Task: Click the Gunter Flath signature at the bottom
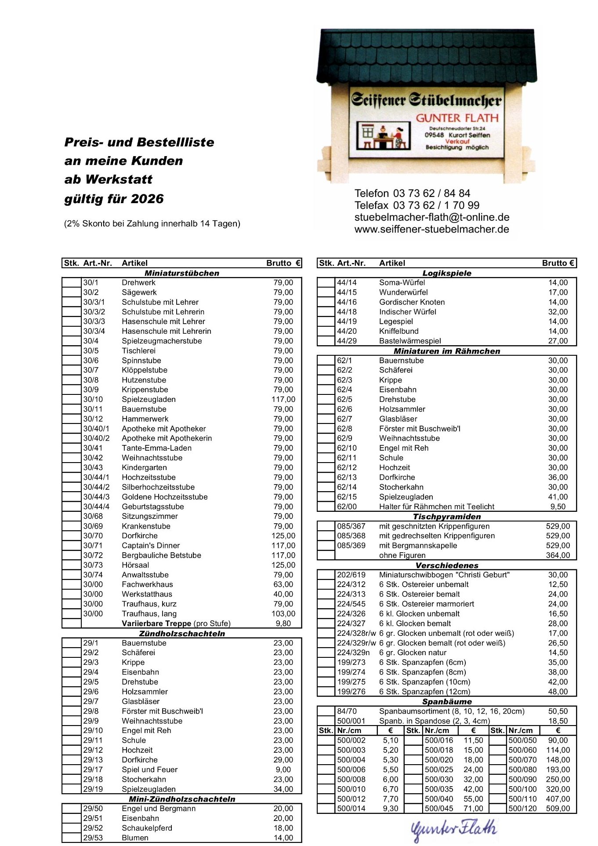(x=453, y=829)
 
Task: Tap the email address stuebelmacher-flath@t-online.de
(x=431, y=217)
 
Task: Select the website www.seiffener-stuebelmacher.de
(x=431, y=229)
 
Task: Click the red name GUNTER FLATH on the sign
(x=457, y=118)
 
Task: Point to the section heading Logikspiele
(x=446, y=273)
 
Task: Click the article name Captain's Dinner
(x=151, y=546)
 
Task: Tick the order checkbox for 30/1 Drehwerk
(x=71, y=283)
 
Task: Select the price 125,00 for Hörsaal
(x=283, y=565)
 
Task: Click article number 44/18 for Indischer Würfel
(x=347, y=312)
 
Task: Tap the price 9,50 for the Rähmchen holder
(x=558, y=507)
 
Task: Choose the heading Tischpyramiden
(x=446, y=517)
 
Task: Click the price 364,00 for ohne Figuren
(x=558, y=555)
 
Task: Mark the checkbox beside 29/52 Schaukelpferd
(x=71, y=828)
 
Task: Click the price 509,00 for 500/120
(x=558, y=808)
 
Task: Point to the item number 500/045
(x=439, y=808)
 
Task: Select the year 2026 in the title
(x=147, y=199)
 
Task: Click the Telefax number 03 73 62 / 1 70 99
(x=436, y=205)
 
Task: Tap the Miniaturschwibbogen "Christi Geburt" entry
(x=444, y=575)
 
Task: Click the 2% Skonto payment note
(x=152, y=223)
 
